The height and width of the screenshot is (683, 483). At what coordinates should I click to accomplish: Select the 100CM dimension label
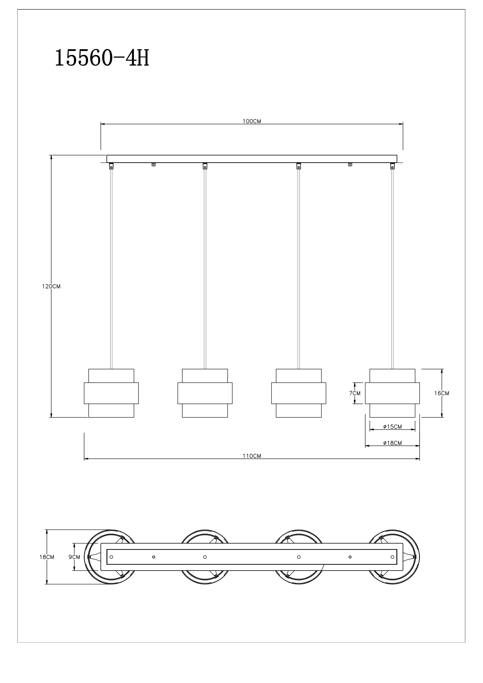coord(252,121)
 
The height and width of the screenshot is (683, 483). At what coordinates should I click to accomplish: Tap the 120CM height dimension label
coord(51,287)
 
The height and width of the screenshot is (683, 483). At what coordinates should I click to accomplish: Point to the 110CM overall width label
coord(252,456)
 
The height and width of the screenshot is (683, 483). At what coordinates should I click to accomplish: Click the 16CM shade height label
coord(441,393)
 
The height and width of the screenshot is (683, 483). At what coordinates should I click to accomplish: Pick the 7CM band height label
coord(355,393)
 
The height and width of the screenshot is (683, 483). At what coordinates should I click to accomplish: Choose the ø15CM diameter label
coord(392,427)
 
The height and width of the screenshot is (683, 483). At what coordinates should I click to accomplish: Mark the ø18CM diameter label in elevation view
coord(392,443)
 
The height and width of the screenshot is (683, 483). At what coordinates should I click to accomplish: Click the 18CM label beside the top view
coord(47,557)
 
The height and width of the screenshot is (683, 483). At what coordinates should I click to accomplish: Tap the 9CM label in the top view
coord(74,557)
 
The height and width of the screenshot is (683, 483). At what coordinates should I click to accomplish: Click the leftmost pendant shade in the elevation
coord(111,393)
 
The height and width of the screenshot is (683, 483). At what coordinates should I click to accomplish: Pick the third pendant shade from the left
coord(299,393)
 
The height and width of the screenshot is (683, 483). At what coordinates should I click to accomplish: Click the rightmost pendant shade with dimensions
coord(392,393)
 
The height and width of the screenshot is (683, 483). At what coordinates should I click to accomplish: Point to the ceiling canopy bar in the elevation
coord(252,159)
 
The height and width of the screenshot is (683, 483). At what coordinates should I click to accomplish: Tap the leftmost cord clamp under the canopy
coord(111,166)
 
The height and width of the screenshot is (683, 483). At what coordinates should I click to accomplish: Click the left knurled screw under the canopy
coord(154,164)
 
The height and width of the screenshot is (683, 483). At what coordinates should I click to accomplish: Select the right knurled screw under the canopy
coord(350,164)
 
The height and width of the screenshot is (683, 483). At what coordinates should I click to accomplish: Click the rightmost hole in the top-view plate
coord(392,557)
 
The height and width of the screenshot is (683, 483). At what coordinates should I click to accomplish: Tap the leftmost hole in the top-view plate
coord(111,557)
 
